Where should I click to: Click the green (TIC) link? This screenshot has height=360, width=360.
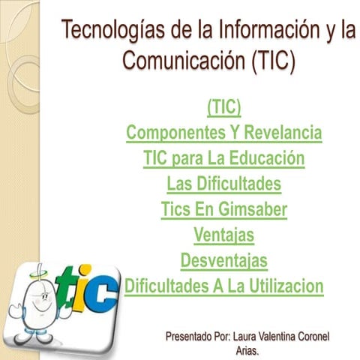(223, 109)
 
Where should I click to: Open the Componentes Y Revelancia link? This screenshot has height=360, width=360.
(223, 133)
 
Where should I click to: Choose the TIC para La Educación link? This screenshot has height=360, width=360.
(223, 159)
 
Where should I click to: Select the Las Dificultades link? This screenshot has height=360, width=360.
(223, 184)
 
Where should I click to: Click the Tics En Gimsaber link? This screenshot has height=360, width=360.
(223, 210)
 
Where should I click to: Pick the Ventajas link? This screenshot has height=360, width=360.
(223, 235)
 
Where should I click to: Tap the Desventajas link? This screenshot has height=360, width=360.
(223, 261)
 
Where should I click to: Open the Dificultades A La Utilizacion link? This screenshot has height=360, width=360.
(223, 286)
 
